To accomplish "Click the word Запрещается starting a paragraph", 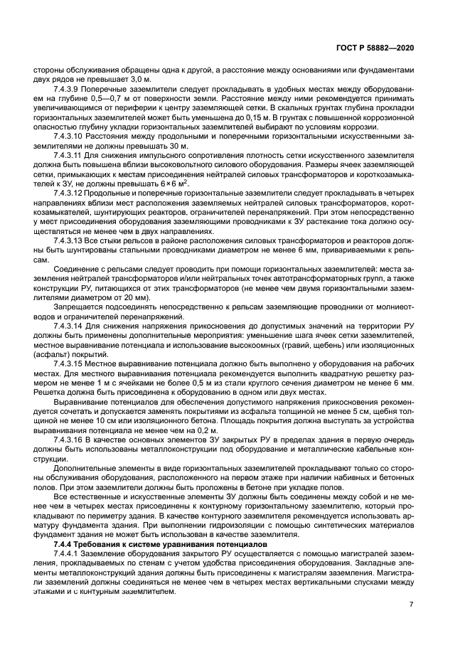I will pyautogui.click(x=78, y=307).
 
